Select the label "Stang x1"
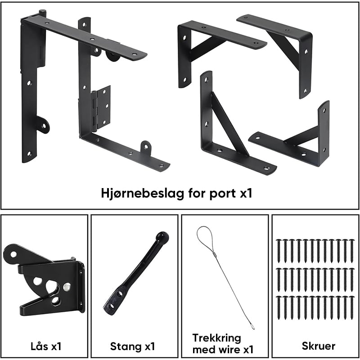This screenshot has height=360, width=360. (x=132, y=346)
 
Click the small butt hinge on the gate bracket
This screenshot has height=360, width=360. (x=101, y=107)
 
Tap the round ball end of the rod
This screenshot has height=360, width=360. (x=162, y=237)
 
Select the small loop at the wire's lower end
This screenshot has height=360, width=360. (x=252, y=325)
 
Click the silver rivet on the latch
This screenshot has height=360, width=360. (x=67, y=287)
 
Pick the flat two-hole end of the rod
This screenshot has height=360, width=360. (x=114, y=301)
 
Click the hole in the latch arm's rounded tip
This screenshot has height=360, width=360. (x=13, y=254)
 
